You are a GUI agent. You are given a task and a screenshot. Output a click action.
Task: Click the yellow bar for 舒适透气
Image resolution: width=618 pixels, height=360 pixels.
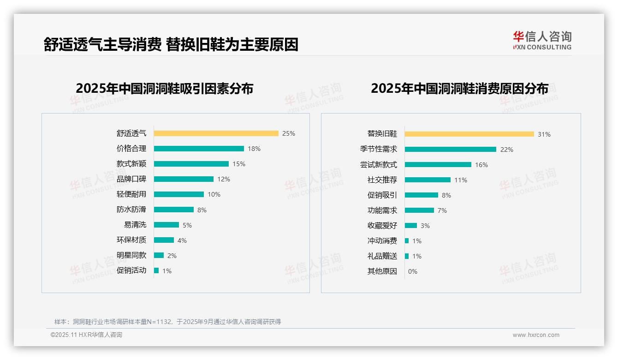(216, 133)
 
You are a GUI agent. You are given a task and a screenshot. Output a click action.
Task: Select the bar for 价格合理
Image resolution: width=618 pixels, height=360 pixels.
(199, 149)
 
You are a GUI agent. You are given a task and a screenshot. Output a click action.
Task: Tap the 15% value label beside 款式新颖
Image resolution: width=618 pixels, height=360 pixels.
(239, 164)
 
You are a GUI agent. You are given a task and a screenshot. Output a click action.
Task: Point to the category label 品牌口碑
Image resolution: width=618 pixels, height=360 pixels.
(131, 179)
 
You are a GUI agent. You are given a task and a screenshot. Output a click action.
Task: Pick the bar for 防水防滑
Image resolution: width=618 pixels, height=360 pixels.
(174, 210)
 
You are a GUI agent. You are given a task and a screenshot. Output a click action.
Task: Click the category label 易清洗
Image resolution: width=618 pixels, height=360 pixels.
(135, 225)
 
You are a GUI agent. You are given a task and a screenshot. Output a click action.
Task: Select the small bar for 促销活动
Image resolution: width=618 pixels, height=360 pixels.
(156, 270)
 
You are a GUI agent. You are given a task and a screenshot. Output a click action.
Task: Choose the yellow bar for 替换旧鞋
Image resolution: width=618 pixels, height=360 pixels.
(469, 134)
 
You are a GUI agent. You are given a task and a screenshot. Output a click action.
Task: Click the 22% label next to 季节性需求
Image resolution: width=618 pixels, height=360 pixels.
(507, 150)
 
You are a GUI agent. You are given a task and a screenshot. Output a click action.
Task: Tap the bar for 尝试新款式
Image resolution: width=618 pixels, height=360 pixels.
(438, 165)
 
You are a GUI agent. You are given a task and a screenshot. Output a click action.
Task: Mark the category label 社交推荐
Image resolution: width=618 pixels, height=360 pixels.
(382, 180)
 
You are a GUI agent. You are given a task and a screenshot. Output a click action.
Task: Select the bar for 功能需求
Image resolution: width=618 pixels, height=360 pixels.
(420, 210)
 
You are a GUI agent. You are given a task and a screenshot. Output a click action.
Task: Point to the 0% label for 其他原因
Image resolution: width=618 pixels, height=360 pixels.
(413, 271)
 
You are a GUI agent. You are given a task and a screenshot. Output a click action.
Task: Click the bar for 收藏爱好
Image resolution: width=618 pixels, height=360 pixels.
(411, 226)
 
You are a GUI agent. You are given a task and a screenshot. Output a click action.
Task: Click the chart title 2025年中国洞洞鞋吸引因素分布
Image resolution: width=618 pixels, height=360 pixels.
(165, 89)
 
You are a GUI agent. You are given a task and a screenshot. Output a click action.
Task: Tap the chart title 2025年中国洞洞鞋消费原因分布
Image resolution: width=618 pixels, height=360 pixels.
(459, 89)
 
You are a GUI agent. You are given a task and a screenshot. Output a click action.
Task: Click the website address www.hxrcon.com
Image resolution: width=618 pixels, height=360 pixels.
(536, 335)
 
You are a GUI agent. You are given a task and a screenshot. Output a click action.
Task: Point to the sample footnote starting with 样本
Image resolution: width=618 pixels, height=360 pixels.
(167, 322)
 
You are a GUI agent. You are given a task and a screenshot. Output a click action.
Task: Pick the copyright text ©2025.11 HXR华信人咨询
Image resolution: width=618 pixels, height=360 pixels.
(86, 335)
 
